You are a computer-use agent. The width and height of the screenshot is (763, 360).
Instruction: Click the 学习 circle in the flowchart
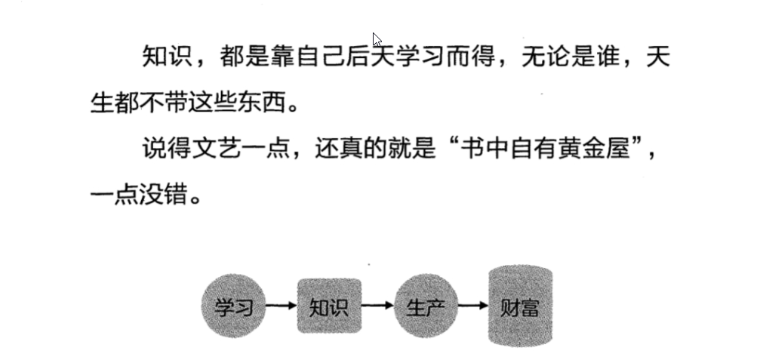pyautogui.click(x=233, y=306)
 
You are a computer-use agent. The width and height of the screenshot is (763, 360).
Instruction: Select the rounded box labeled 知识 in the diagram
pyautogui.click(x=329, y=306)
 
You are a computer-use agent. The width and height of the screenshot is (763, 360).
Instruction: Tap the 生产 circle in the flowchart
pyautogui.click(x=426, y=306)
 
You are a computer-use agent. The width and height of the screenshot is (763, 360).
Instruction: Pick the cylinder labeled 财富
pyautogui.click(x=520, y=306)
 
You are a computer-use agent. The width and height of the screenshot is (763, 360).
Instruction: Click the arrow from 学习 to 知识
pyautogui.click(x=282, y=306)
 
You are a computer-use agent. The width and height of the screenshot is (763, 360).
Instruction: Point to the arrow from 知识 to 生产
pyautogui.click(x=377, y=306)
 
